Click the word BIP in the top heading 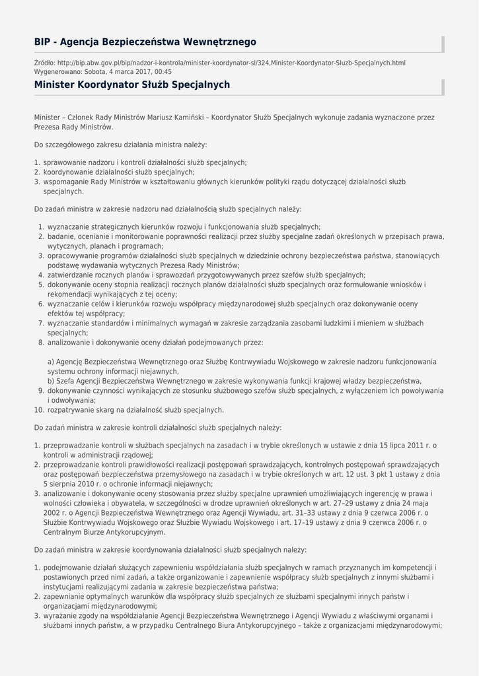point(43,42)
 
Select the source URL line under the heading point(220,63)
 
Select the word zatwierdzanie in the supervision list point(70,275)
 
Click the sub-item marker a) point(51,362)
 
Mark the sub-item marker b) point(51,381)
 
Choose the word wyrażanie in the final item point(60,616)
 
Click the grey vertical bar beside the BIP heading point(443,44)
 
